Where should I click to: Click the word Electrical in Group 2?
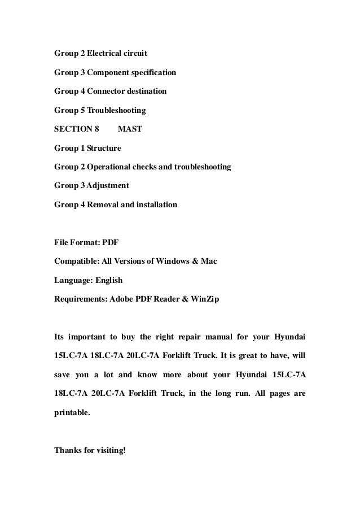click(106, 54)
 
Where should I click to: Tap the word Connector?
click(108, 91)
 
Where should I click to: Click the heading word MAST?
click(130, 129)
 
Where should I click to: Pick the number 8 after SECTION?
click(96, 129)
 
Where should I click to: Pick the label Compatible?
click(77, 262)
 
